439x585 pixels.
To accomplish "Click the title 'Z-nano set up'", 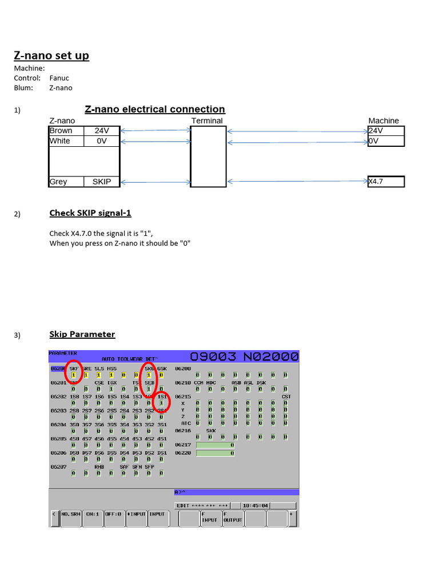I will pos(51,55).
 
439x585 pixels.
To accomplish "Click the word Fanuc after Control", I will pos(59,78).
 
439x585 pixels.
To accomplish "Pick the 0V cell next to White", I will pos(101,141).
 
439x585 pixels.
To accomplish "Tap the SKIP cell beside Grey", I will pos(101,182).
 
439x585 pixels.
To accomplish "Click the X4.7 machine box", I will pos(386,182).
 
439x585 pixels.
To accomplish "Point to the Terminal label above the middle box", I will pos(207,121).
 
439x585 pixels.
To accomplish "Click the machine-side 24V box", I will pos(386,130).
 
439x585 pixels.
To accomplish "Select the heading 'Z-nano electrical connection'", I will pos(155,109).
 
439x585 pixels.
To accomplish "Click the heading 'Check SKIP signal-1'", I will pos(90,213).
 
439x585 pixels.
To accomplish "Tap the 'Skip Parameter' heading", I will pos(82,334).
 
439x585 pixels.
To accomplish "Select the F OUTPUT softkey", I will pos(233,516).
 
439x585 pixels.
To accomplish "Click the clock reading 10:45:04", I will pos(255,506).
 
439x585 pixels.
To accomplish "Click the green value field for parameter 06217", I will pos(215,444).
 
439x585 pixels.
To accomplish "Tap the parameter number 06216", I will pos(183,430).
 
